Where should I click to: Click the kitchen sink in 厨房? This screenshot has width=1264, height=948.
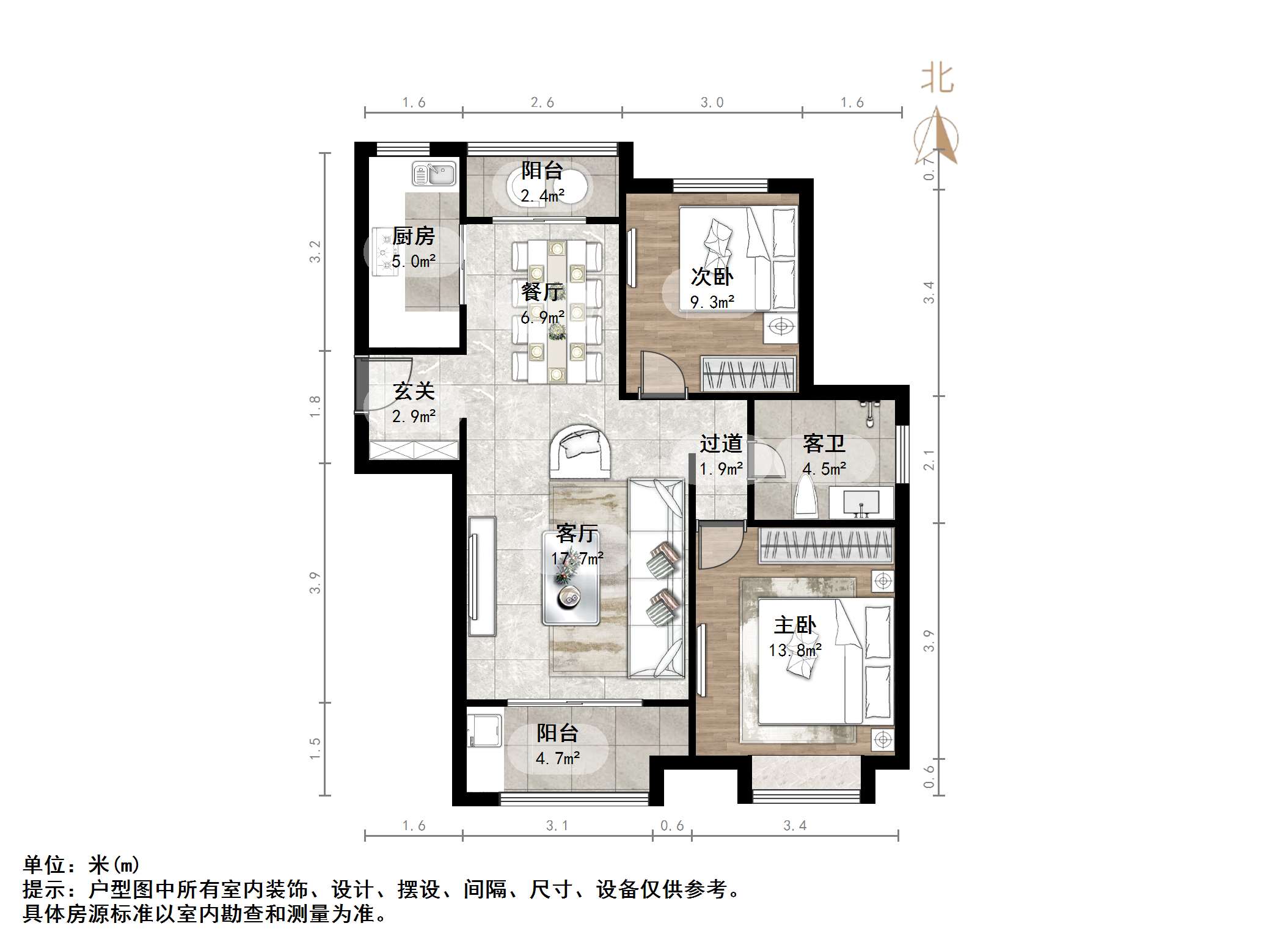tap(434, 173)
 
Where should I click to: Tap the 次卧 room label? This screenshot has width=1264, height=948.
tap(712, 277)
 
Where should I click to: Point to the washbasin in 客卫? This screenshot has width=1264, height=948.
tap(861, 503)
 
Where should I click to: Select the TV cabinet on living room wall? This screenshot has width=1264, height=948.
tap(482, 575)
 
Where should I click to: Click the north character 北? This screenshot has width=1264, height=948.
tap(937, 79)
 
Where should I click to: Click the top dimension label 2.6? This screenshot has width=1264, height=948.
tap(542, 103)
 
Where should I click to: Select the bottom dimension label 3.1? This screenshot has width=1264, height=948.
tap(557, 826)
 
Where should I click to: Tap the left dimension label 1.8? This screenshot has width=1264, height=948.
tap(315, 407)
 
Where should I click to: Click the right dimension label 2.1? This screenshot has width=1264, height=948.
tap(929, 460)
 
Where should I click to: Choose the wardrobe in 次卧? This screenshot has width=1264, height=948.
tap(749, 373)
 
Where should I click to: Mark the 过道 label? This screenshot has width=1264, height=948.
tap(721, 443)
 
